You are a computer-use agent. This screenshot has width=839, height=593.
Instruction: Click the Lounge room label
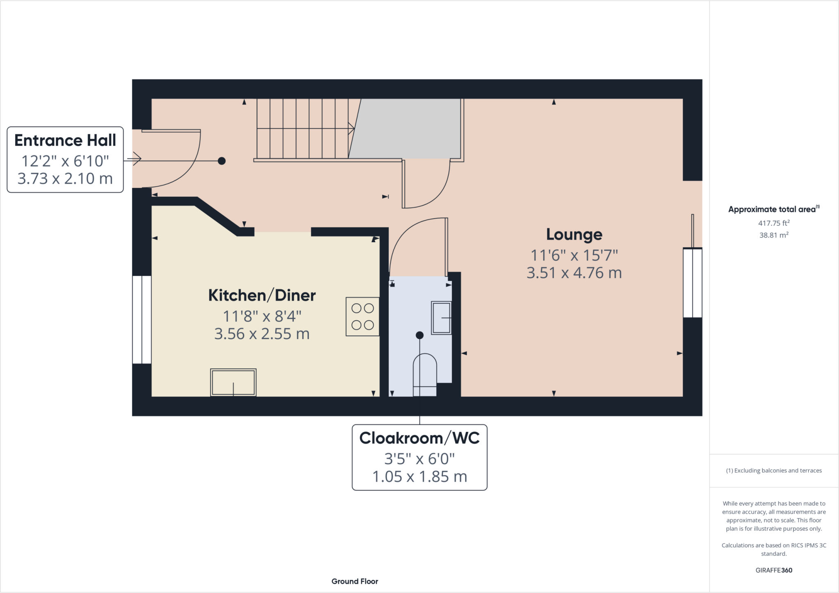point(574,234)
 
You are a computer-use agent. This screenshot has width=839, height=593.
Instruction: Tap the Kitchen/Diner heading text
point(262,295)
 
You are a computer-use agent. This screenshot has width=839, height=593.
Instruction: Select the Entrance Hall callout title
point(65,140)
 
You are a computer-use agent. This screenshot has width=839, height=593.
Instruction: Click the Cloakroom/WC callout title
point(419,438)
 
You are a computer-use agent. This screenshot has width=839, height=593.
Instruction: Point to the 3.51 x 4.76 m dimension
point(574,273)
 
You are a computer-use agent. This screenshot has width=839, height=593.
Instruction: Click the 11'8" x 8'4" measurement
point(262,316)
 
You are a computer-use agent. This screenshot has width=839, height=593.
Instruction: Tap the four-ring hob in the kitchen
point(363,316)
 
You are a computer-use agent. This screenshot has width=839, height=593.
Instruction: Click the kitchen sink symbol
point(233,382)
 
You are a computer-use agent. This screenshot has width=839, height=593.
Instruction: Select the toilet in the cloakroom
point(424,374)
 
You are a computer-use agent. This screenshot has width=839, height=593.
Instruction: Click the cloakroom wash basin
point(441,318)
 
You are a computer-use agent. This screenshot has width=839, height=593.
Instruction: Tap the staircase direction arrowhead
point(351,129)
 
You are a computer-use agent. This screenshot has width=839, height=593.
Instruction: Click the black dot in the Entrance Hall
point(222,161)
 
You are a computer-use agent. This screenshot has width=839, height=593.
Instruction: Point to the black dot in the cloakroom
point(419,335)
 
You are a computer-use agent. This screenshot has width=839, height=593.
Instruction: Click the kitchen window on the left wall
point(142,319)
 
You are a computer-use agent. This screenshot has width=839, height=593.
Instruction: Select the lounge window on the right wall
point(692,282)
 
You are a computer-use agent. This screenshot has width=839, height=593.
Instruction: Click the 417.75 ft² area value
point(773,223)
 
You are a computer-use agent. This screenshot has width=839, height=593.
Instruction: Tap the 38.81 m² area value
point(773,235)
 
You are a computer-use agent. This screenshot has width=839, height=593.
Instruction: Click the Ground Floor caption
point(355,581)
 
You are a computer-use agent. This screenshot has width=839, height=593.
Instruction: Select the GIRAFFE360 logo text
point(773,570)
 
